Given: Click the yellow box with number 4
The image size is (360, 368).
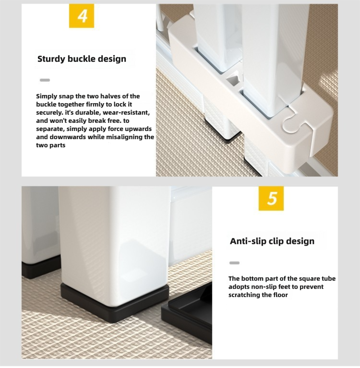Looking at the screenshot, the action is (x=82, y=16).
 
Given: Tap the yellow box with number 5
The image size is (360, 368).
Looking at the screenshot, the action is (x=271, y=199).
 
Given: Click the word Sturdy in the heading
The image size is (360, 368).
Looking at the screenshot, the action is (x=51, y=59).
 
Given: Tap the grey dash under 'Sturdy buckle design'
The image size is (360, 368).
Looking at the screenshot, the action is (x=45, y=80).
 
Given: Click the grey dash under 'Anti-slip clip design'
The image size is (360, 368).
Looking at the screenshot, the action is (x=234, y=263).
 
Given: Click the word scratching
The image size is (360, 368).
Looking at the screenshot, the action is (x=244, y=295).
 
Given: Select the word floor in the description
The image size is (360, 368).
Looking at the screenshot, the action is (x=280, y=295).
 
